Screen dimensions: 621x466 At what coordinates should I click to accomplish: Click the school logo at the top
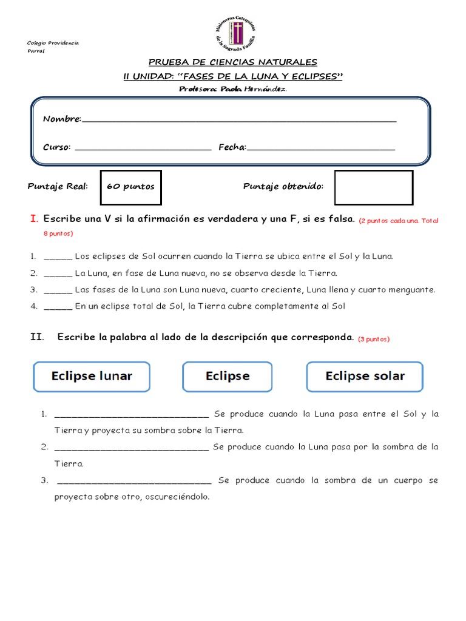[236, 33]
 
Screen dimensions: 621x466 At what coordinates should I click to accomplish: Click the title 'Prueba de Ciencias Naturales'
[233, 62]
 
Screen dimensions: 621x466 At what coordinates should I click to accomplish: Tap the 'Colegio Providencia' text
[53, 43]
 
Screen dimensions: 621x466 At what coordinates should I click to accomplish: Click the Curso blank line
[143, 147]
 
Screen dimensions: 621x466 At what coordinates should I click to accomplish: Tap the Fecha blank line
[321, 147]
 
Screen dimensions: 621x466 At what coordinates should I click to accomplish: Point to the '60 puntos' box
[131, 187]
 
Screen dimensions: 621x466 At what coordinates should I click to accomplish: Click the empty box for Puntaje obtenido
[373, 187]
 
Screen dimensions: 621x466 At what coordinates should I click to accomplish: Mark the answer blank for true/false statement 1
[58, 257]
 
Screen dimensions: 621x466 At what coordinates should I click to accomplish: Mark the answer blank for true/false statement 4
[58, 307]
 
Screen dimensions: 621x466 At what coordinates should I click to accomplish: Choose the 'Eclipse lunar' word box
[92, 377]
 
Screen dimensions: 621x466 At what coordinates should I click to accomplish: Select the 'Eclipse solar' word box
[365, 377]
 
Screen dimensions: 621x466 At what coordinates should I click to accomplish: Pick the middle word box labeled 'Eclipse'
[228, 377]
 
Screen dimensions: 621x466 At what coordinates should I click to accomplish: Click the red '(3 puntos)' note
[374, 340]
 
